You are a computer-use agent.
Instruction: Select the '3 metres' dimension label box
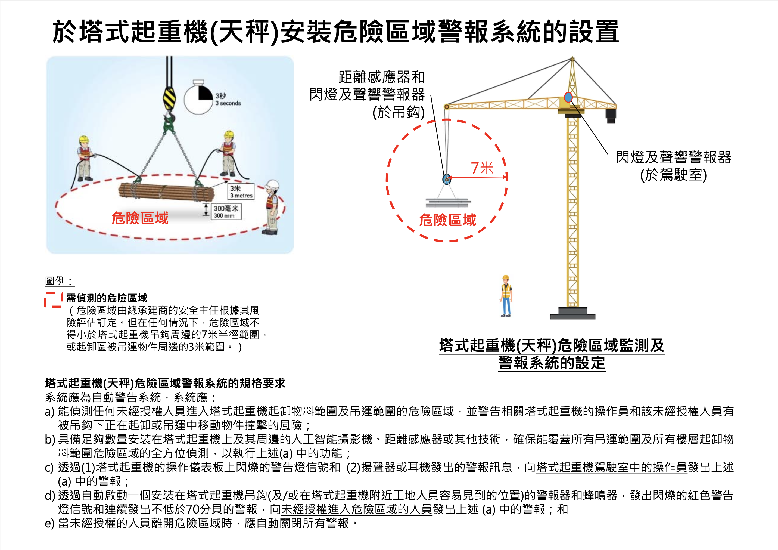241,191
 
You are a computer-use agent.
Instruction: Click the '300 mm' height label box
226,212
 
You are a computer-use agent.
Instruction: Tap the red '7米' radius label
482,168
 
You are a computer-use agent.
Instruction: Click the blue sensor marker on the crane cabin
568,97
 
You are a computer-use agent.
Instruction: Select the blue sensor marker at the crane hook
447,179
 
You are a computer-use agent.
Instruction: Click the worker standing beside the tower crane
506,296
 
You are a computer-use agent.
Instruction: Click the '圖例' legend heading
55,281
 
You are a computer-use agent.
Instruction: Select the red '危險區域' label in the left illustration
140,218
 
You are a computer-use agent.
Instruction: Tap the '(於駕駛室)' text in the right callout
673,175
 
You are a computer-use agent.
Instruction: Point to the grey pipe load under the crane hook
448,202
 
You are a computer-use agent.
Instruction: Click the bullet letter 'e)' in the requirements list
49,523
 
